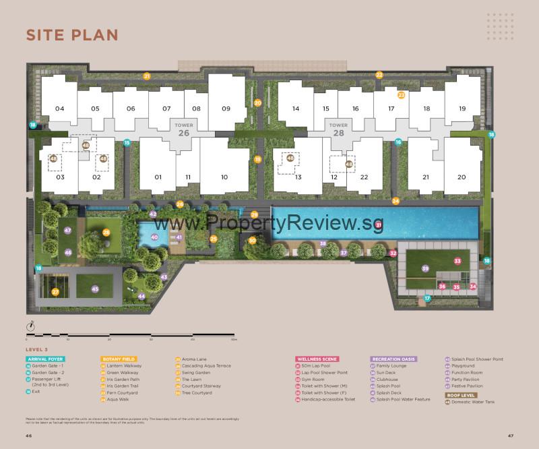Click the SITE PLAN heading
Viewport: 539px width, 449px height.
pyautogui.click(x=72, y=35)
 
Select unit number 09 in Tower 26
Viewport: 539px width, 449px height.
pyautogui.click(x=226, y=109)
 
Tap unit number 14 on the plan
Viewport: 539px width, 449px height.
pyautogui.click(x=295, y=109)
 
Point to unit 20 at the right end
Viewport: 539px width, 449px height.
pyautogui.click(x=462, y=177)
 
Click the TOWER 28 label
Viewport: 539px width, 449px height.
pyautogui.click(x=338, y=129)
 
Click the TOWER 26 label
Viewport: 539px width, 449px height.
pyautogui.click(x=183, y=129)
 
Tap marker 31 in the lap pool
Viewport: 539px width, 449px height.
pyautogui.click(x=379, y=225)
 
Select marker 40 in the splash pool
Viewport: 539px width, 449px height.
pyautogui.click(x=154, y=237)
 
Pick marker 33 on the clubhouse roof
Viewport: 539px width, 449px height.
pyautogui.click(x=457, y=260)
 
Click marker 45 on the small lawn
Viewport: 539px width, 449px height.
pyautogui.click(x=95, y=290)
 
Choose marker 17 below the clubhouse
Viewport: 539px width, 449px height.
pyautogui.click(x=426, y=298)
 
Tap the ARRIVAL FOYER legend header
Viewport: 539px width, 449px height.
pyautogui.click(x=44, y=359)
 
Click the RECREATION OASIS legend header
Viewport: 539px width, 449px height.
pyautogui.click(x=393, y=359)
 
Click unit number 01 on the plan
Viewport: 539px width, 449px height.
pyautogui.click(x=158, y=177)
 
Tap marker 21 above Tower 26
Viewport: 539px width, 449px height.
pyautogui.click(x=146, y=76)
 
